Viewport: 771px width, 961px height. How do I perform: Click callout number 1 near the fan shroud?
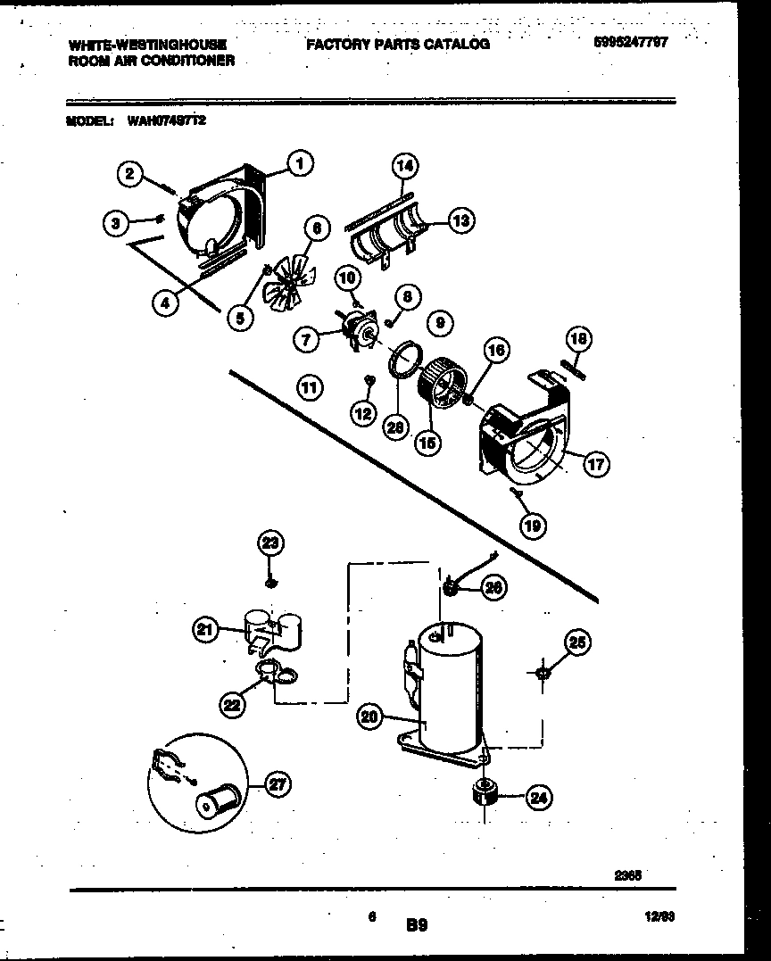coord(301,163)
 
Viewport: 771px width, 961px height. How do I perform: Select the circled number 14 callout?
coord(405,165)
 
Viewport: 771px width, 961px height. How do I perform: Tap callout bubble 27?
coord(278,785)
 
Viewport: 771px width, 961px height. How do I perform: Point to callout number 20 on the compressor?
coord(369,715)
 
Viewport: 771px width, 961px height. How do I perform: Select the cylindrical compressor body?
coord(449,687)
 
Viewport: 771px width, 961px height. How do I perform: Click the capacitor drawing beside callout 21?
coord(272,628)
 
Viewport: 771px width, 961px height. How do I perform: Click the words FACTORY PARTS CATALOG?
coord(398,44)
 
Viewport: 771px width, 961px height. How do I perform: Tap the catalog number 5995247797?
coord(630,41)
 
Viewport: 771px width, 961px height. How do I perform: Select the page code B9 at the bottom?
coord(416,926)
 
